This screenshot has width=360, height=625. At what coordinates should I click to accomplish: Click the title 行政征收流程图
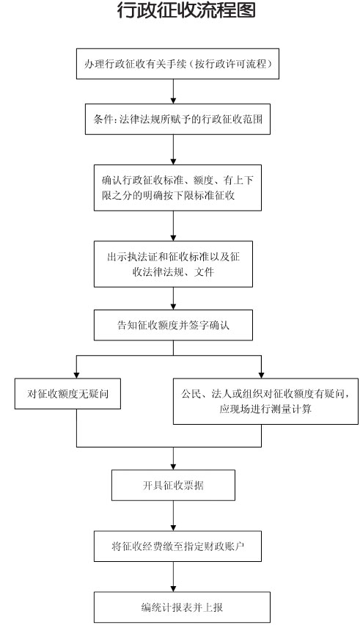tap(186, 10)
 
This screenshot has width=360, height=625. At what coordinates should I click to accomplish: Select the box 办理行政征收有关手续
tap(177, 64)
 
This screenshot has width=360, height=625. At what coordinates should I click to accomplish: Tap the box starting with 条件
tap(177, 119)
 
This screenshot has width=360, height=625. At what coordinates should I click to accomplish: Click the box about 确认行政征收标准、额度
tap(177, 188)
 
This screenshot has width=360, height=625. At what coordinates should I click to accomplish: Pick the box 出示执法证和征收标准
tap(173, 264)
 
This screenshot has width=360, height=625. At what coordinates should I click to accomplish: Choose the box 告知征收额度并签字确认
tap(173, 325)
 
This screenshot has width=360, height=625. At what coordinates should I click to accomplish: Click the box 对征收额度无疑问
tap(67, 394)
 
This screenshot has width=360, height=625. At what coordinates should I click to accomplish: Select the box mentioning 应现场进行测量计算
tap(265, 401)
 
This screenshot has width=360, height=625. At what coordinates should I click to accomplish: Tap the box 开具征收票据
tap(173, 485)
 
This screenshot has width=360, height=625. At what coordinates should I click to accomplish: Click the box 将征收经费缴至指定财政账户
tap(177, 546)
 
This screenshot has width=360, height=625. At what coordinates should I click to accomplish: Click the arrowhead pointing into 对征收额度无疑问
tap(76, 376)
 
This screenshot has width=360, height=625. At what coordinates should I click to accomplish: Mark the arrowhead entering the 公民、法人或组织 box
tap(261, 376)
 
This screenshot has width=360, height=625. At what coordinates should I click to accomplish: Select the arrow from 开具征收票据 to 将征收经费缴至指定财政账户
tap(173, 516)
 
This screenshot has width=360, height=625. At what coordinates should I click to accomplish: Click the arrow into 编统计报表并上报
tap(173, 577)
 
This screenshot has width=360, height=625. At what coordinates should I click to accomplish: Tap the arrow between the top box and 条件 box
tap(173, 92)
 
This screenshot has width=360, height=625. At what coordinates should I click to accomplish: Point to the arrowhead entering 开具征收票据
tap(173, 467)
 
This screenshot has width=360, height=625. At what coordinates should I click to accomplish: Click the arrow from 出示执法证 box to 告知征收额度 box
tap(173, 299)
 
